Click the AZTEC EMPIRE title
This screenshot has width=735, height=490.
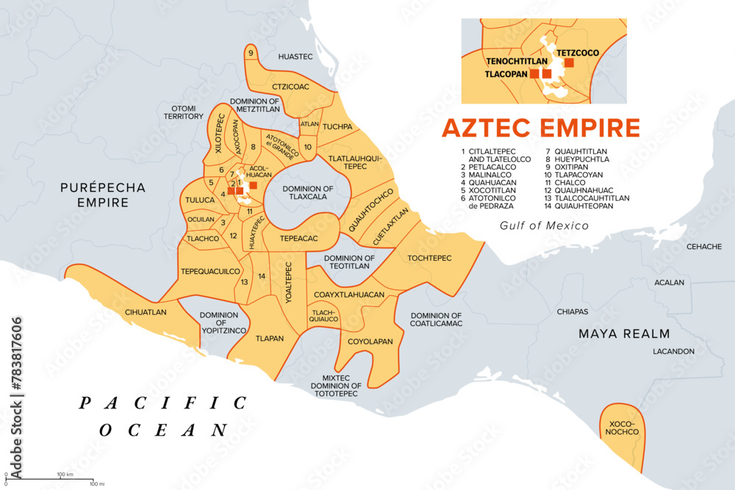coord(540,128)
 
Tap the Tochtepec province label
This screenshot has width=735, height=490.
coord(429,258)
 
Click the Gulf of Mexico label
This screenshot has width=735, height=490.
coord(544,226)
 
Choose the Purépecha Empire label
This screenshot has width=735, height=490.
coord(103,195)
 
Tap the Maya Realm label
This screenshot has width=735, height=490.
coord(625,334)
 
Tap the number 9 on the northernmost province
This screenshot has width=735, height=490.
coord(251,53)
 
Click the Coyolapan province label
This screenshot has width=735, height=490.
coord(370,342)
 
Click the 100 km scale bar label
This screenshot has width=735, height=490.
coord(66,474)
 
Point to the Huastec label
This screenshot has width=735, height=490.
coord(295,57)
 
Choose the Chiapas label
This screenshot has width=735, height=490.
coord(572,311)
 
